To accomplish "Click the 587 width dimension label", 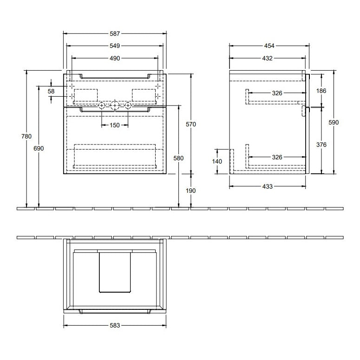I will pos(115,33).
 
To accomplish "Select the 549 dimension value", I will pos(115,46).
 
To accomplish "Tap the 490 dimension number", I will pos(115,58).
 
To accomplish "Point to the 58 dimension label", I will pos(52,92).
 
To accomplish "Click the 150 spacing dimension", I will pos(115,125).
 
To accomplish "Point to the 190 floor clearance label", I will pos(191,191).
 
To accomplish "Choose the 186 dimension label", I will pos(321,91).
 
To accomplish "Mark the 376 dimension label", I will pos(321,144).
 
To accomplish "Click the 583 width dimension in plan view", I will pos(115,326).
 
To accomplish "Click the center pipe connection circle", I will pos(115,106).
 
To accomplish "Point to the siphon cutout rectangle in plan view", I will pos(115,272).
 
